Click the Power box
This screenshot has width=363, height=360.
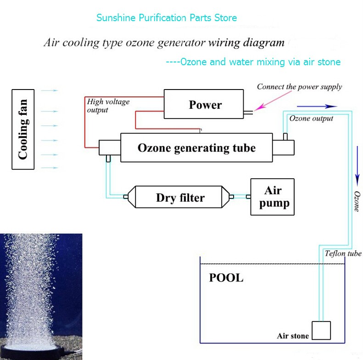(x=205, y=105)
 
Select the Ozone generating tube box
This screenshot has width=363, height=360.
(x=196, y=148)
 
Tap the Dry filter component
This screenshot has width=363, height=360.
(x=180, y=197)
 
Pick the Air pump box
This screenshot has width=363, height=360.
(x=272, y=197)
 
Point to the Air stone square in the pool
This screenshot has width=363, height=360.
(x=321, y=330)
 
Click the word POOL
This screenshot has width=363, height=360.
(x=226, y=278)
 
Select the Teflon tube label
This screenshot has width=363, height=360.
(x=343, y=253)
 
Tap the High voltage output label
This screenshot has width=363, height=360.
(x=108, y=106)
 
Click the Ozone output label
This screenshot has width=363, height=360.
(x=311, y=118)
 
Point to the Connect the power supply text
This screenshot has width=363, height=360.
(x=299, y=87)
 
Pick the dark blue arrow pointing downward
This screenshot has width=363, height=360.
(x=357, y=165)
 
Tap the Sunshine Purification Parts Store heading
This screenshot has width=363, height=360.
(x=167, y=18)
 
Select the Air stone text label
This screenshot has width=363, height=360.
(x=293, y=336)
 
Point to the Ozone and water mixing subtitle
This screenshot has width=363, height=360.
(x=253, y=62)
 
